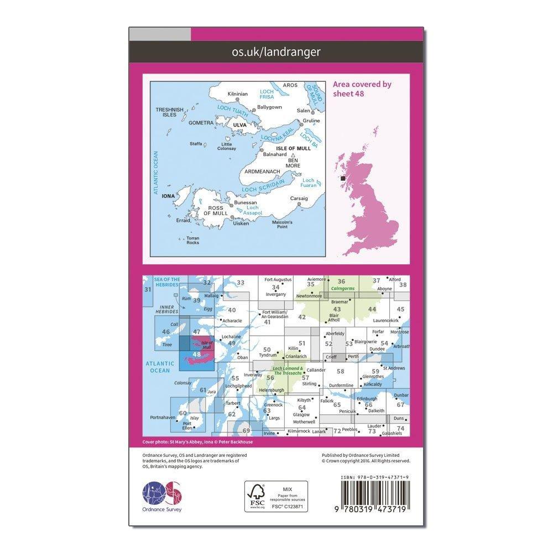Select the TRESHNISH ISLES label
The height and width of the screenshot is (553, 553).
(166, 112)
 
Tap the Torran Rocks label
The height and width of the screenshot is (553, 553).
(192, 241)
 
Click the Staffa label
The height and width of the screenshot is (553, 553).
(196, 143)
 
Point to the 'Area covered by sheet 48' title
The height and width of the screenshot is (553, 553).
(362, 88)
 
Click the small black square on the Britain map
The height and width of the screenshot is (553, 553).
(343, 178)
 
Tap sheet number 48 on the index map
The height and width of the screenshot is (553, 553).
(196, 354)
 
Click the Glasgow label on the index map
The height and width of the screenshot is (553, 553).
(301, 414)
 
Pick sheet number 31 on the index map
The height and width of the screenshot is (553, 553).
(147, 290)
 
